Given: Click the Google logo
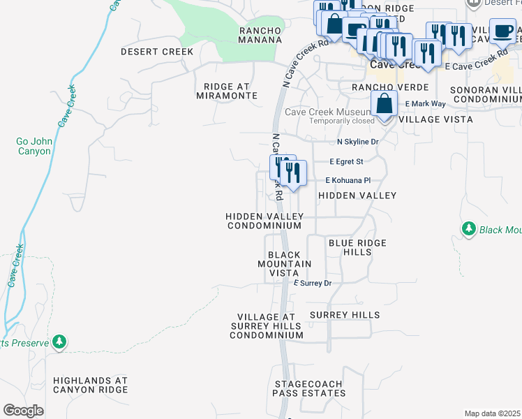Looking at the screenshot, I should [24, 411].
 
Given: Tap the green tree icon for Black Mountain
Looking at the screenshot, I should [469, 229].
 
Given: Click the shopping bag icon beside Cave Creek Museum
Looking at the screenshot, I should [384, 104].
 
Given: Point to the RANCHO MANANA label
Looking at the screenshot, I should [260, 35].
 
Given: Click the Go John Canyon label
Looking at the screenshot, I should [33, 146].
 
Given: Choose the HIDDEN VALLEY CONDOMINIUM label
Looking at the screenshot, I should [264, 221].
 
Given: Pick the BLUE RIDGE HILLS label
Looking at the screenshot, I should [357, 247].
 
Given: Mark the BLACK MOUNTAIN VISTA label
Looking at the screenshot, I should [284, 264].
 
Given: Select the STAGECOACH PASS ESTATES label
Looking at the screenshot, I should [309, 389].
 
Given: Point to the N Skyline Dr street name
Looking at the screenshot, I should [357, 142].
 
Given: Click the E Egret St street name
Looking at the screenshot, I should [346, 161].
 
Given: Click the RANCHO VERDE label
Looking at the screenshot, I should [379, 87].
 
